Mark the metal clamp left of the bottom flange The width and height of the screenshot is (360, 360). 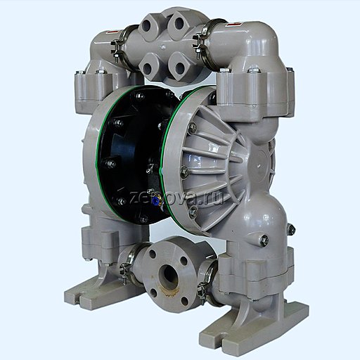tap(127, 271)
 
